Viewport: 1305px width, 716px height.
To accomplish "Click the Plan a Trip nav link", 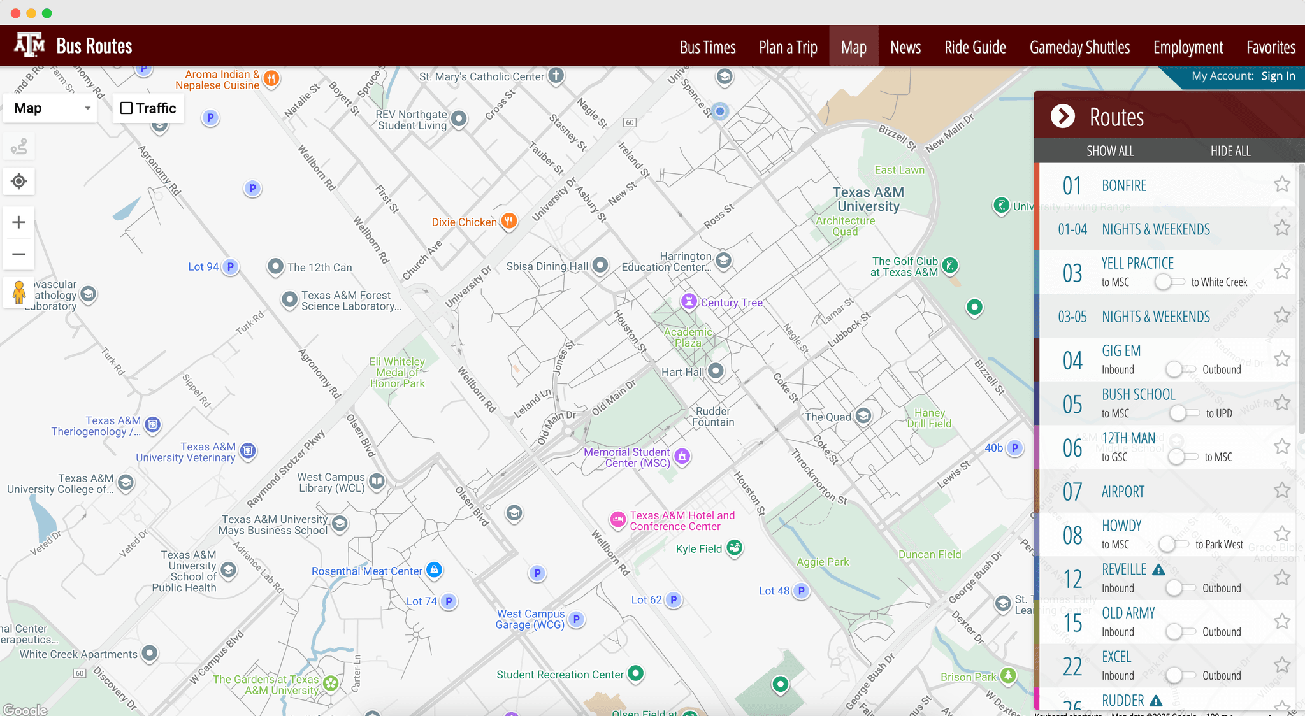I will [x=788, y=47].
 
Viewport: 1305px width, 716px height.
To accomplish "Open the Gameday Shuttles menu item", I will [x=1079, y=47].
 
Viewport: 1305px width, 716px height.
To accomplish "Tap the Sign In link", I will [x=1278, y=76].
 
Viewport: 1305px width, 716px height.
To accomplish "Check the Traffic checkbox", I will [x=127, y=108].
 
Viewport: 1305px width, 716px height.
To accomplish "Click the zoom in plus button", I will [x=19, y=222].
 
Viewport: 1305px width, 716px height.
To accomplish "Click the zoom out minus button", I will [x=19, y=254].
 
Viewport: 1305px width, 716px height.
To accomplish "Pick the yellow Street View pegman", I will [x=19, y=293].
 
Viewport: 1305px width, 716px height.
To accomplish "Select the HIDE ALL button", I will [x=1230, y=151].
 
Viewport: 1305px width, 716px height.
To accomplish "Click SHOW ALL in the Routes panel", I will [x=1110, y=151].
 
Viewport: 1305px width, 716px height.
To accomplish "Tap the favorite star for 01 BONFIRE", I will [x=1282, y=184].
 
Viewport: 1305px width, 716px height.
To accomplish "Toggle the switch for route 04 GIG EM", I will [x=1181, y=369].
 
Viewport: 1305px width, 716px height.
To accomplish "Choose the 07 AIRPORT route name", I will [x=1123, y=492].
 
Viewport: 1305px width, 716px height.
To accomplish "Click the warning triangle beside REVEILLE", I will [x=1158, y=569].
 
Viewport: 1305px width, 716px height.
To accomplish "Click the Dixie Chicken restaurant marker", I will [x=508, y=221].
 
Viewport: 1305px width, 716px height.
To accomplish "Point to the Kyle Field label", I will [x=698, y=549].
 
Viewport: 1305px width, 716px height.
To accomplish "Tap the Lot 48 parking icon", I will [x=801, y=591].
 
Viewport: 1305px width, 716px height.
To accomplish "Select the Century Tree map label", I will [x=732, y=303].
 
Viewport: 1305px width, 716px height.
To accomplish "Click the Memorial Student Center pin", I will [x=682, y=456].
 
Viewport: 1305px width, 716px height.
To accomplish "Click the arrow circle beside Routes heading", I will [x=1062, y=116].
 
